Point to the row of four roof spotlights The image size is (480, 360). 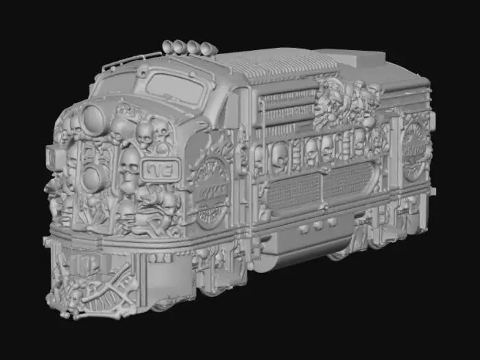click(x=187, y=47)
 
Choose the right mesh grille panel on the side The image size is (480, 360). click(x=350, y=180)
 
